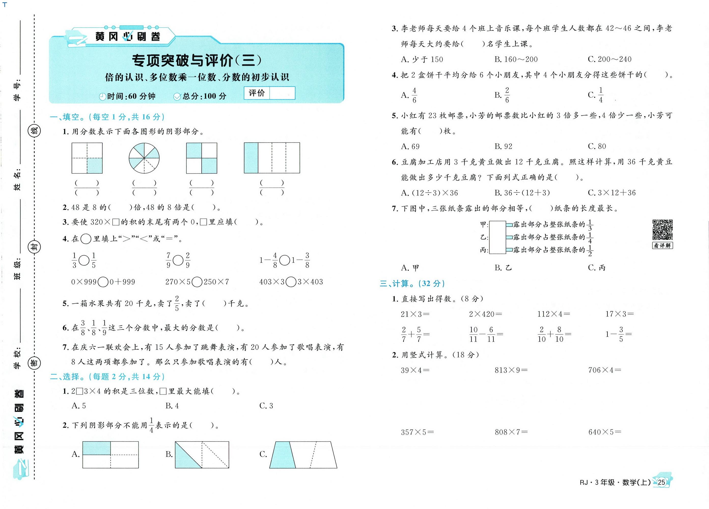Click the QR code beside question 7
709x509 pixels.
pyautogui.click(x=662, y=230)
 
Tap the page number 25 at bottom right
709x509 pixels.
pyautogui.click(x=661, y=482)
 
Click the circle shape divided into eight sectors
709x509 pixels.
pyautogui.click(x=144, y=158)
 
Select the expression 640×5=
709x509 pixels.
pyautogui.click(x=605, y=432)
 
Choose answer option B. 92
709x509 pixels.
pyautogui.click(x=503, y=146)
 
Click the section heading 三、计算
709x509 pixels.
pyautogui.click(x=412, y=284)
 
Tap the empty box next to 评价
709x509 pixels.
pyautogui.click(x=282, y=93)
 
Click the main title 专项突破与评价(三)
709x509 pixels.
pyautogui.click(x=196, y=60)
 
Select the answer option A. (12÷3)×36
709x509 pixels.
pyautogui.click(x=429, y=193)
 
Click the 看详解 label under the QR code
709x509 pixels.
pyautogui.click(x=662, y=246)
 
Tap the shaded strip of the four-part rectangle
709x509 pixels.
pyautogui.click(x=251, y=158)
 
